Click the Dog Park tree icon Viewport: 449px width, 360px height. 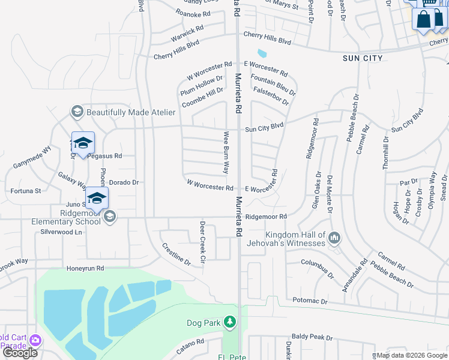pos(229,323)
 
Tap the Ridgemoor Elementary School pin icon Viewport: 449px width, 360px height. pos(109,217)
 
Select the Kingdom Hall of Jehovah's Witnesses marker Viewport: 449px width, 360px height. pos(334,239)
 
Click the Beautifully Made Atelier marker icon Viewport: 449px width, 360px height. pos(77,112)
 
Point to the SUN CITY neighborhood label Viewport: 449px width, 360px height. pos(362,58)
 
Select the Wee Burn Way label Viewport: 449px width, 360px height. pos(226,153)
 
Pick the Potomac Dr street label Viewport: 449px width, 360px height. pos(310,300)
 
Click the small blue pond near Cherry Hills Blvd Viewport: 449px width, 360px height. pos(261,53)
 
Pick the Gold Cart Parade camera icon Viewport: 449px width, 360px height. pos(35,340)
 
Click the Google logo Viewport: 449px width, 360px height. pos(20,353)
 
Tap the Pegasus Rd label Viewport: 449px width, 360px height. pos(104,156)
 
